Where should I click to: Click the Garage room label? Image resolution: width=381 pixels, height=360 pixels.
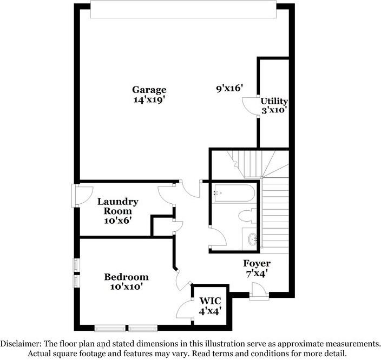click(149, 90)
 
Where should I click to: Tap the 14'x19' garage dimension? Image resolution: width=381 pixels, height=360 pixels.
click(149, 99)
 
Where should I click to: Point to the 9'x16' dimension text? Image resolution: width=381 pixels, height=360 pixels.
click(229, 88)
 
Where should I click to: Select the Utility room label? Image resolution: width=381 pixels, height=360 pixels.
click(274, 101)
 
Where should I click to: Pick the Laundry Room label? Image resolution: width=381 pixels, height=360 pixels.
click(118, 206)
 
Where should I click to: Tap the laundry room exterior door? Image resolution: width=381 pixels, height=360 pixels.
click(83, 196)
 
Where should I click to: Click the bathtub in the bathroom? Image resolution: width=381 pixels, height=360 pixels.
click(233, 193)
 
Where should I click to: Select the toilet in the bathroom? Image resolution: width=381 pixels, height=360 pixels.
click(248, 216)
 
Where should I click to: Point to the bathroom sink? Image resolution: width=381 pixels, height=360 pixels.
click(252, 238)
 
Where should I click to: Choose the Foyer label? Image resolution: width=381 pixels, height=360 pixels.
click(257, 263)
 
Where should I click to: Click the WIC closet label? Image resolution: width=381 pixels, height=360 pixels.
click(210, 301)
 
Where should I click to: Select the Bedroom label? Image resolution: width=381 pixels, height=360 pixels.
click(126, 277)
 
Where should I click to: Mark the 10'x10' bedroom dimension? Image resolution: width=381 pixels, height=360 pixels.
click(126, 286)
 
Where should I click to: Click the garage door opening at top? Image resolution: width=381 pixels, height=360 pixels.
click(183, 10)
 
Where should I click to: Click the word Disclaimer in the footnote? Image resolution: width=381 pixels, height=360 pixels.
click(21, 344)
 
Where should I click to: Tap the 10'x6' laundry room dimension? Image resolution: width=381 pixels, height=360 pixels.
click(118, 221)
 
